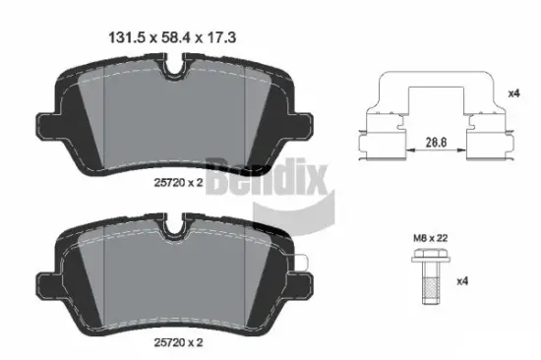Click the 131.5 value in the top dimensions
(x=123, y=38)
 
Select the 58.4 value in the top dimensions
(x=171, y=38)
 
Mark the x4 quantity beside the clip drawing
(x=511, y=93)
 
